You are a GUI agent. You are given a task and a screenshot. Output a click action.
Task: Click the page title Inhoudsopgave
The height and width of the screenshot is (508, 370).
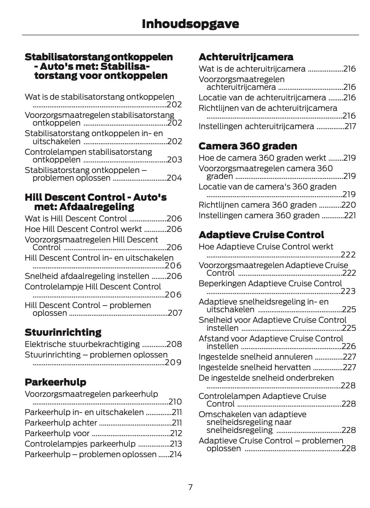pos(190,24)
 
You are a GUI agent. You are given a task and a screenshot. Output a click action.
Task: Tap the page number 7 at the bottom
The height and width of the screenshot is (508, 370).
pos(190,487)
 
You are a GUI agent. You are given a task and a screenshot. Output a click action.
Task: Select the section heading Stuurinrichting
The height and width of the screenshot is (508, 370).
pos(63,332)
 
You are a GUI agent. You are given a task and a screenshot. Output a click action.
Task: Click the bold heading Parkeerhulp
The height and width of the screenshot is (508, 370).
pos(55,382)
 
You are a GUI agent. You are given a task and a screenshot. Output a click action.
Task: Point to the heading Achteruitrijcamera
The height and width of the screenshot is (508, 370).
pos(246,57)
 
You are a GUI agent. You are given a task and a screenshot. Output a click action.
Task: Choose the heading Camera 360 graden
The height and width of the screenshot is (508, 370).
pos(248,146)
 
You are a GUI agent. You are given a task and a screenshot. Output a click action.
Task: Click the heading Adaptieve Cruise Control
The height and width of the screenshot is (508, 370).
pos(261,235)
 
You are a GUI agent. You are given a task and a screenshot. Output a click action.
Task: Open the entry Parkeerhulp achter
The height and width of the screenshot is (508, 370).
pos(61,423)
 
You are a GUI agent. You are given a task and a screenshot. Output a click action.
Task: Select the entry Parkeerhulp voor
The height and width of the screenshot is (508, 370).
pos(57,433)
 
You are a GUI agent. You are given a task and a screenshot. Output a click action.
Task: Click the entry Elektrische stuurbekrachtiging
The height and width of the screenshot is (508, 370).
pos(82,344)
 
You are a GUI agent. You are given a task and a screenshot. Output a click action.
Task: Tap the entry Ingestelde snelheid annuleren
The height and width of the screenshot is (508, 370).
pos(255,357)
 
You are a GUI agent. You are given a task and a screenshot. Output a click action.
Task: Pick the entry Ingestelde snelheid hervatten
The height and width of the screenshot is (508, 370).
pos(255,367)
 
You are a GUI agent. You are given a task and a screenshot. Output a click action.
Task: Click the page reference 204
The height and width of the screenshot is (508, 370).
pos(174,178)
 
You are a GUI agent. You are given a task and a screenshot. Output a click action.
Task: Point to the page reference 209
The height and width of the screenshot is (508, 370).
pos(173,362)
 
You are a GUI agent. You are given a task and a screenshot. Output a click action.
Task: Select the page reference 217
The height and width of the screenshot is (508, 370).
pos(350,126)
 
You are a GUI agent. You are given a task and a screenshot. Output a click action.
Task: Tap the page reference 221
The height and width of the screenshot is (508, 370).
pos(350,215)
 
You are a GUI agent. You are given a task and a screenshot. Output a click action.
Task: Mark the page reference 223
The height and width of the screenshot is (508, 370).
pos(348,291)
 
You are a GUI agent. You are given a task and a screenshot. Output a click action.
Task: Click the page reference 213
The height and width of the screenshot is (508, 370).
pos(176,444)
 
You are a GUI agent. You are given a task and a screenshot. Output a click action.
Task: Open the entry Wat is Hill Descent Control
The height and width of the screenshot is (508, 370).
pos(76,219)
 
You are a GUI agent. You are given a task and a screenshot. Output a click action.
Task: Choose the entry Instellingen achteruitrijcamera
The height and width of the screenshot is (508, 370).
pos(256,126)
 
